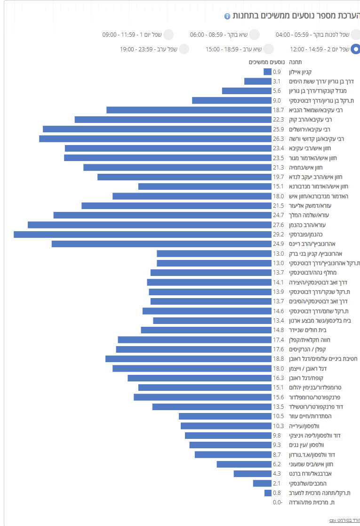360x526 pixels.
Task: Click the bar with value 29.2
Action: pos(143,235)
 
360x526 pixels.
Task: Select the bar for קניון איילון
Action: pos(268,72)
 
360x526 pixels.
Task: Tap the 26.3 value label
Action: pos(278,139)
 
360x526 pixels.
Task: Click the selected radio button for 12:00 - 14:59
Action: pos(356,49)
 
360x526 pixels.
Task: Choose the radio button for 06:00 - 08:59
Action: pos(255,34)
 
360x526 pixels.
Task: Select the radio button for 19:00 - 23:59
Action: pos(184,49)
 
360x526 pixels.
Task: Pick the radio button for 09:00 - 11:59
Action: pos(168,34)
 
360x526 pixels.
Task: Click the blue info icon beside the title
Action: pos(227,16)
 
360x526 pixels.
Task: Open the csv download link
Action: pos(345,520)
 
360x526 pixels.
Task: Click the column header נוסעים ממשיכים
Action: pos(265,62)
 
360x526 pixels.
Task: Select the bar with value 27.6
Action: pos(150,225)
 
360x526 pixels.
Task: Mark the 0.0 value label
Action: pos(278,502)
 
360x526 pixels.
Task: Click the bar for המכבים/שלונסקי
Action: pos(262,483)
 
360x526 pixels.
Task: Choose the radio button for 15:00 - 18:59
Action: pos(269,49)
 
